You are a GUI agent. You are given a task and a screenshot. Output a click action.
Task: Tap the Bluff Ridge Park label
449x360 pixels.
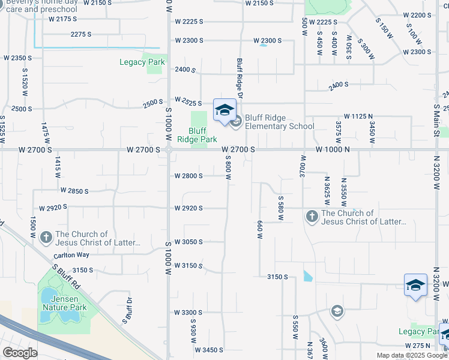(197, 135)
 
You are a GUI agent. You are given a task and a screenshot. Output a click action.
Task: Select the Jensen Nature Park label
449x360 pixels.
(64, 304)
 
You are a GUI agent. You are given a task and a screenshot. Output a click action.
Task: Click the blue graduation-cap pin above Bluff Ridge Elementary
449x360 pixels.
(224, 110)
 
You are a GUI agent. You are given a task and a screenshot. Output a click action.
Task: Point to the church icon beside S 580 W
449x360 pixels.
(312, 215)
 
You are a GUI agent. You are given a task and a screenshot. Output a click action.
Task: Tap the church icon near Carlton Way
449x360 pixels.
(46, 238)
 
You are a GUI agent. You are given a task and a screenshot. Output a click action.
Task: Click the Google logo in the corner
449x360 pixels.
(20, 353)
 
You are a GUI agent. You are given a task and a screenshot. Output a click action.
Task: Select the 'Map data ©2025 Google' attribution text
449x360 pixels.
(411, 355)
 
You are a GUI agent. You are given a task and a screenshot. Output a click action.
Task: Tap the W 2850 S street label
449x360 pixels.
(74, 191)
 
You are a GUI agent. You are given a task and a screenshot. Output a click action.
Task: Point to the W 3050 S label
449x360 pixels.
(188, 242)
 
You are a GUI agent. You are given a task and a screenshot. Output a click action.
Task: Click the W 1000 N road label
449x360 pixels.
(333, 149)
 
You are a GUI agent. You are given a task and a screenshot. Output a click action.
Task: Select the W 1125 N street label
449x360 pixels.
(358, 116)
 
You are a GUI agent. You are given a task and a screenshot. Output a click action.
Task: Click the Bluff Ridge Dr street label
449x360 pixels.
(240, 79)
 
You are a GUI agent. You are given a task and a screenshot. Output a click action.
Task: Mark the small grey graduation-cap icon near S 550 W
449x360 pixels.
(337, 311)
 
